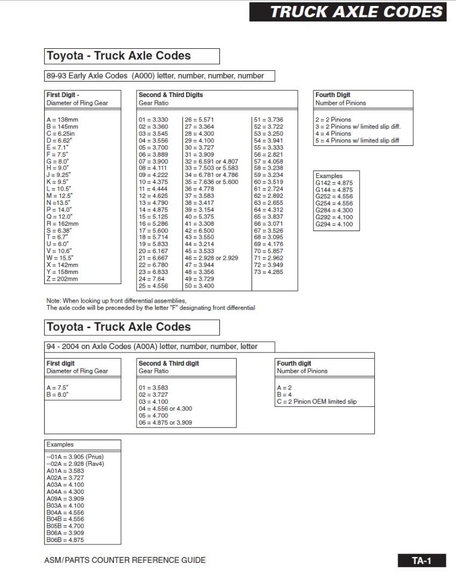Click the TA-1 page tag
point(421,560)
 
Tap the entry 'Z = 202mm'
point(62,279)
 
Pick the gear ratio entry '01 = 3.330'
point(153,120)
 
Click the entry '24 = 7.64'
point(151,279)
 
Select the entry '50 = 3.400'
point(199,286)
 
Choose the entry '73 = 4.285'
point(268,272)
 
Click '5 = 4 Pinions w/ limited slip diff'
point(356,141)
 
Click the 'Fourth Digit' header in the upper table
point(333,95)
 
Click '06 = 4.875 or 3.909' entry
point(165,423)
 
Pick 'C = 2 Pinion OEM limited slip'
point(317,402)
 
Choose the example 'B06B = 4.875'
point(65,540)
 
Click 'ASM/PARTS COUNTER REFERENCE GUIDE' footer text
point(125,560)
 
